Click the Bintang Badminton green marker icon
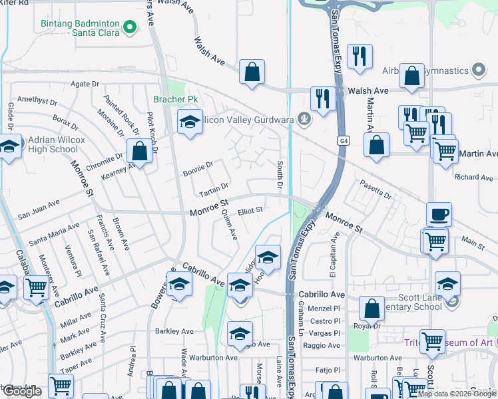tap(130, 28)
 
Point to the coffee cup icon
tap(439, 215)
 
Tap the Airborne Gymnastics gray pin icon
tap(477, 70)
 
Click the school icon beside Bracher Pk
tap(190, 122)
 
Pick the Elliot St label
tap(251, 211)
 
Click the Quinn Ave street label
tap(229, 225)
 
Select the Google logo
tap(23, 391)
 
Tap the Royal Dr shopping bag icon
tap(372, 308)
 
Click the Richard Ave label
tap(473, 178)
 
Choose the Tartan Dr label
tap(214, 187)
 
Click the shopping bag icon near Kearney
tap(139, 151)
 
